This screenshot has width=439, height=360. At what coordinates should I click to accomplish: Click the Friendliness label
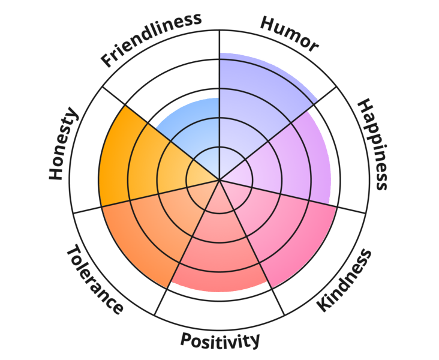(151, 40)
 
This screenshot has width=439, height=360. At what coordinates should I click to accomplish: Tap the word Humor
(289, 34)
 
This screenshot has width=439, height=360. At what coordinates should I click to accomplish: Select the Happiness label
(373, 144)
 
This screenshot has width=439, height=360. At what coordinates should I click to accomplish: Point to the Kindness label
(344, 280)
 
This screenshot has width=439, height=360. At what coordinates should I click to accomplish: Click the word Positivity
(220, 340)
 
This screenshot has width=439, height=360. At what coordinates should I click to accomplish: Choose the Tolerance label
(95, 280)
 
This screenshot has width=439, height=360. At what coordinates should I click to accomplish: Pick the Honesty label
(63, 143)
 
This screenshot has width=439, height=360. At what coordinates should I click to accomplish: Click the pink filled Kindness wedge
(280, 230)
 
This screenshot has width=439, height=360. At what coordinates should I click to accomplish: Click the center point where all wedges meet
(220, 179)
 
